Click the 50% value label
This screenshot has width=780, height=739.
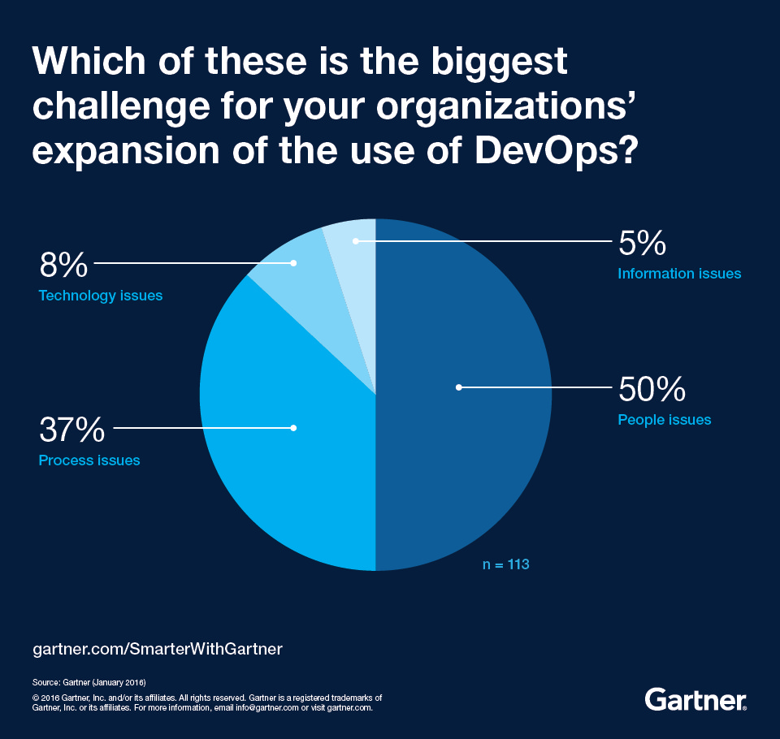(652, 390)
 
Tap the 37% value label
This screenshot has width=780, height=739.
(72, 427)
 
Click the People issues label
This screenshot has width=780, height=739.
(664, 420)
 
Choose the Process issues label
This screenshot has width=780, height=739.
(89, 460)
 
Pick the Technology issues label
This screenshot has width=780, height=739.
(101, 296)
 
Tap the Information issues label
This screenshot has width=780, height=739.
(679, 274)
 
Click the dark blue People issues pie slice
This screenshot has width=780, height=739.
(471, 455)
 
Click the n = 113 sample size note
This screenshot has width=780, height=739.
(506, 564)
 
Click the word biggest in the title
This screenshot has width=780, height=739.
(487, 62)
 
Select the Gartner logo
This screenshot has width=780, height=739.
(695, 699)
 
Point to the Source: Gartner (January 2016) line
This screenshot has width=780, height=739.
(89, 681)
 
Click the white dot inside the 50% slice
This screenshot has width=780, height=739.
(459, 387)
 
